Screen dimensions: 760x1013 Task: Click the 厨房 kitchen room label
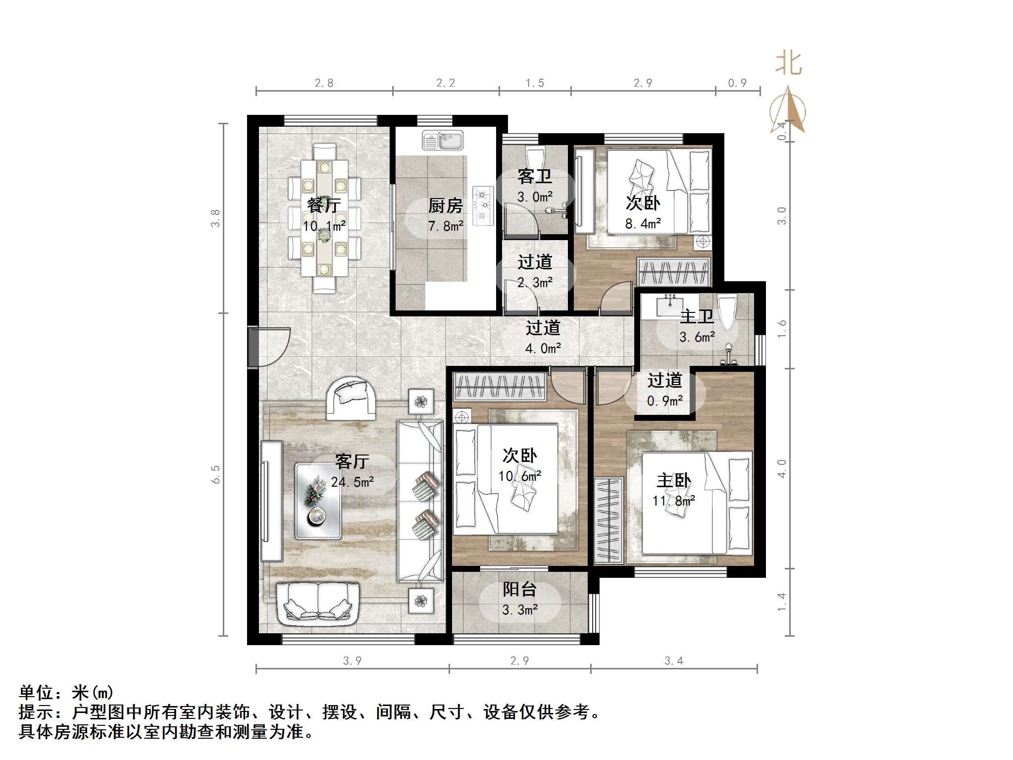point(445,205)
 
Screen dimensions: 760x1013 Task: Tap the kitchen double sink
point(442,141)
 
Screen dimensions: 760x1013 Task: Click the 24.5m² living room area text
point(352,482)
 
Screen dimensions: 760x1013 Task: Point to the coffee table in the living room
point(318,501)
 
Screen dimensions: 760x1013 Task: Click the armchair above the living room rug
point(350,398)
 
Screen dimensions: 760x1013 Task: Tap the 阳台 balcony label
point(519,589)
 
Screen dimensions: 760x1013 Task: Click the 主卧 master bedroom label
point(673,480)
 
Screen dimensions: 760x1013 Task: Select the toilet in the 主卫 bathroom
point(727,312)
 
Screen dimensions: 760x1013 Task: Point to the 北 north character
point(788,64)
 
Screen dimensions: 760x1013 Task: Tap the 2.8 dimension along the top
point(324,83)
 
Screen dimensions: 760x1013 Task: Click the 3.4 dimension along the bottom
point(673,660)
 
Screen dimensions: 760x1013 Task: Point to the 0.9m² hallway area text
point(664,401)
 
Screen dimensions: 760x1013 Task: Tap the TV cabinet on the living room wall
point(271,501)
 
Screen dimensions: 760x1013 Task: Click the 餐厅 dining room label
point(324,205)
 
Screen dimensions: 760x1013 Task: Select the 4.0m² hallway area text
point(543,348)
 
